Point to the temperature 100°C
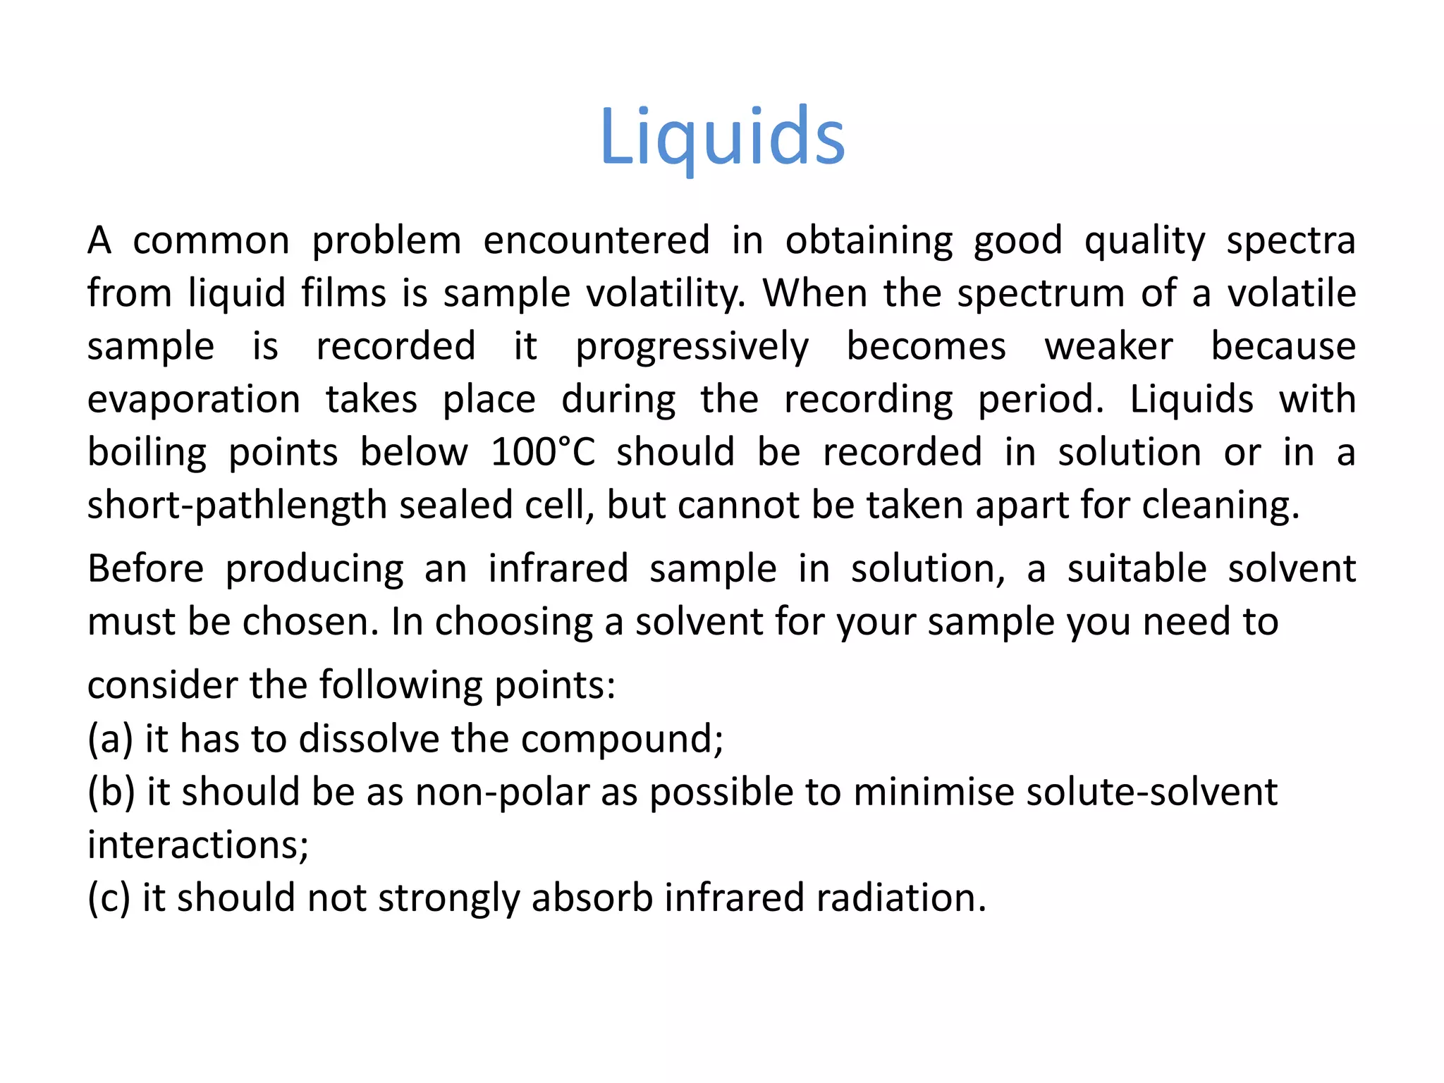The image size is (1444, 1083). [543, 452]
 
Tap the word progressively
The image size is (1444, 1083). [692, 347]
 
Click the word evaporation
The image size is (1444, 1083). [194, 400]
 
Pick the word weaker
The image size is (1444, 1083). [1108, 347]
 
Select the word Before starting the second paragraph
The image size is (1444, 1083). [145, 568]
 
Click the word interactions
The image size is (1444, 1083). [197, 845]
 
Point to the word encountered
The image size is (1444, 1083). [596, 240]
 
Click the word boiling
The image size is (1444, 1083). [147, 453]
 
